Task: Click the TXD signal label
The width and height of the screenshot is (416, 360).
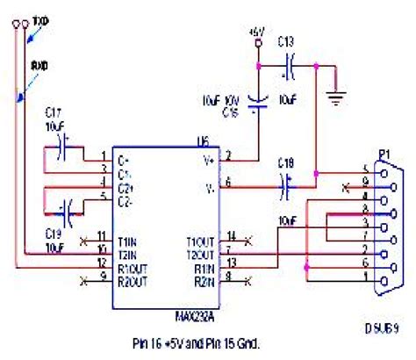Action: point(40,18)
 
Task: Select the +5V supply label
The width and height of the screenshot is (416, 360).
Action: point(256,31)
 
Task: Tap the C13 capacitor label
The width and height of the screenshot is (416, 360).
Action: point(286,40)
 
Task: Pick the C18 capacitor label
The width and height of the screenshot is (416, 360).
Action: point(285,163)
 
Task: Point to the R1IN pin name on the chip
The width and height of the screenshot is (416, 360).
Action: point(203,267)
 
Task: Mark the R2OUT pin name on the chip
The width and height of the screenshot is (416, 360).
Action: point(133,280)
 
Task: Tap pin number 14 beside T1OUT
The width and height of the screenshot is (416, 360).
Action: point(231,235)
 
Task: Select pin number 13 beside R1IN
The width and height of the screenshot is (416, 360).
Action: point(231,263)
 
